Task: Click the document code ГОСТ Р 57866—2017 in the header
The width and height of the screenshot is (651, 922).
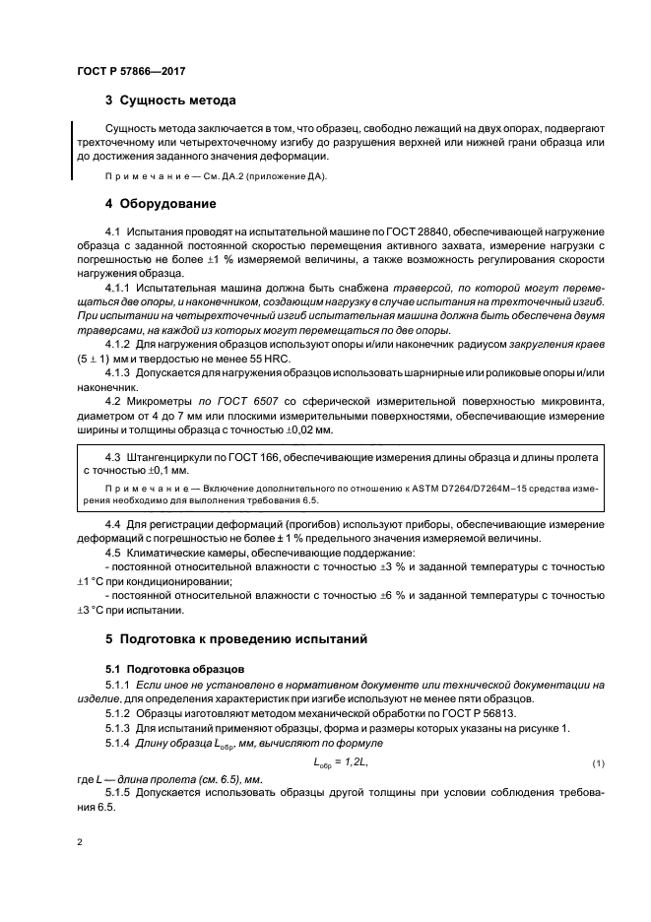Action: (131, 72)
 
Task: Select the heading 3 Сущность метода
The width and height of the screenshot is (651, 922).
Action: (169, 100)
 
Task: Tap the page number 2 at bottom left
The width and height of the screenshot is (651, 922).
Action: (78, 843)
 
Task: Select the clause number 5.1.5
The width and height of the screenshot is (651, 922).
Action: (117, 792)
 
